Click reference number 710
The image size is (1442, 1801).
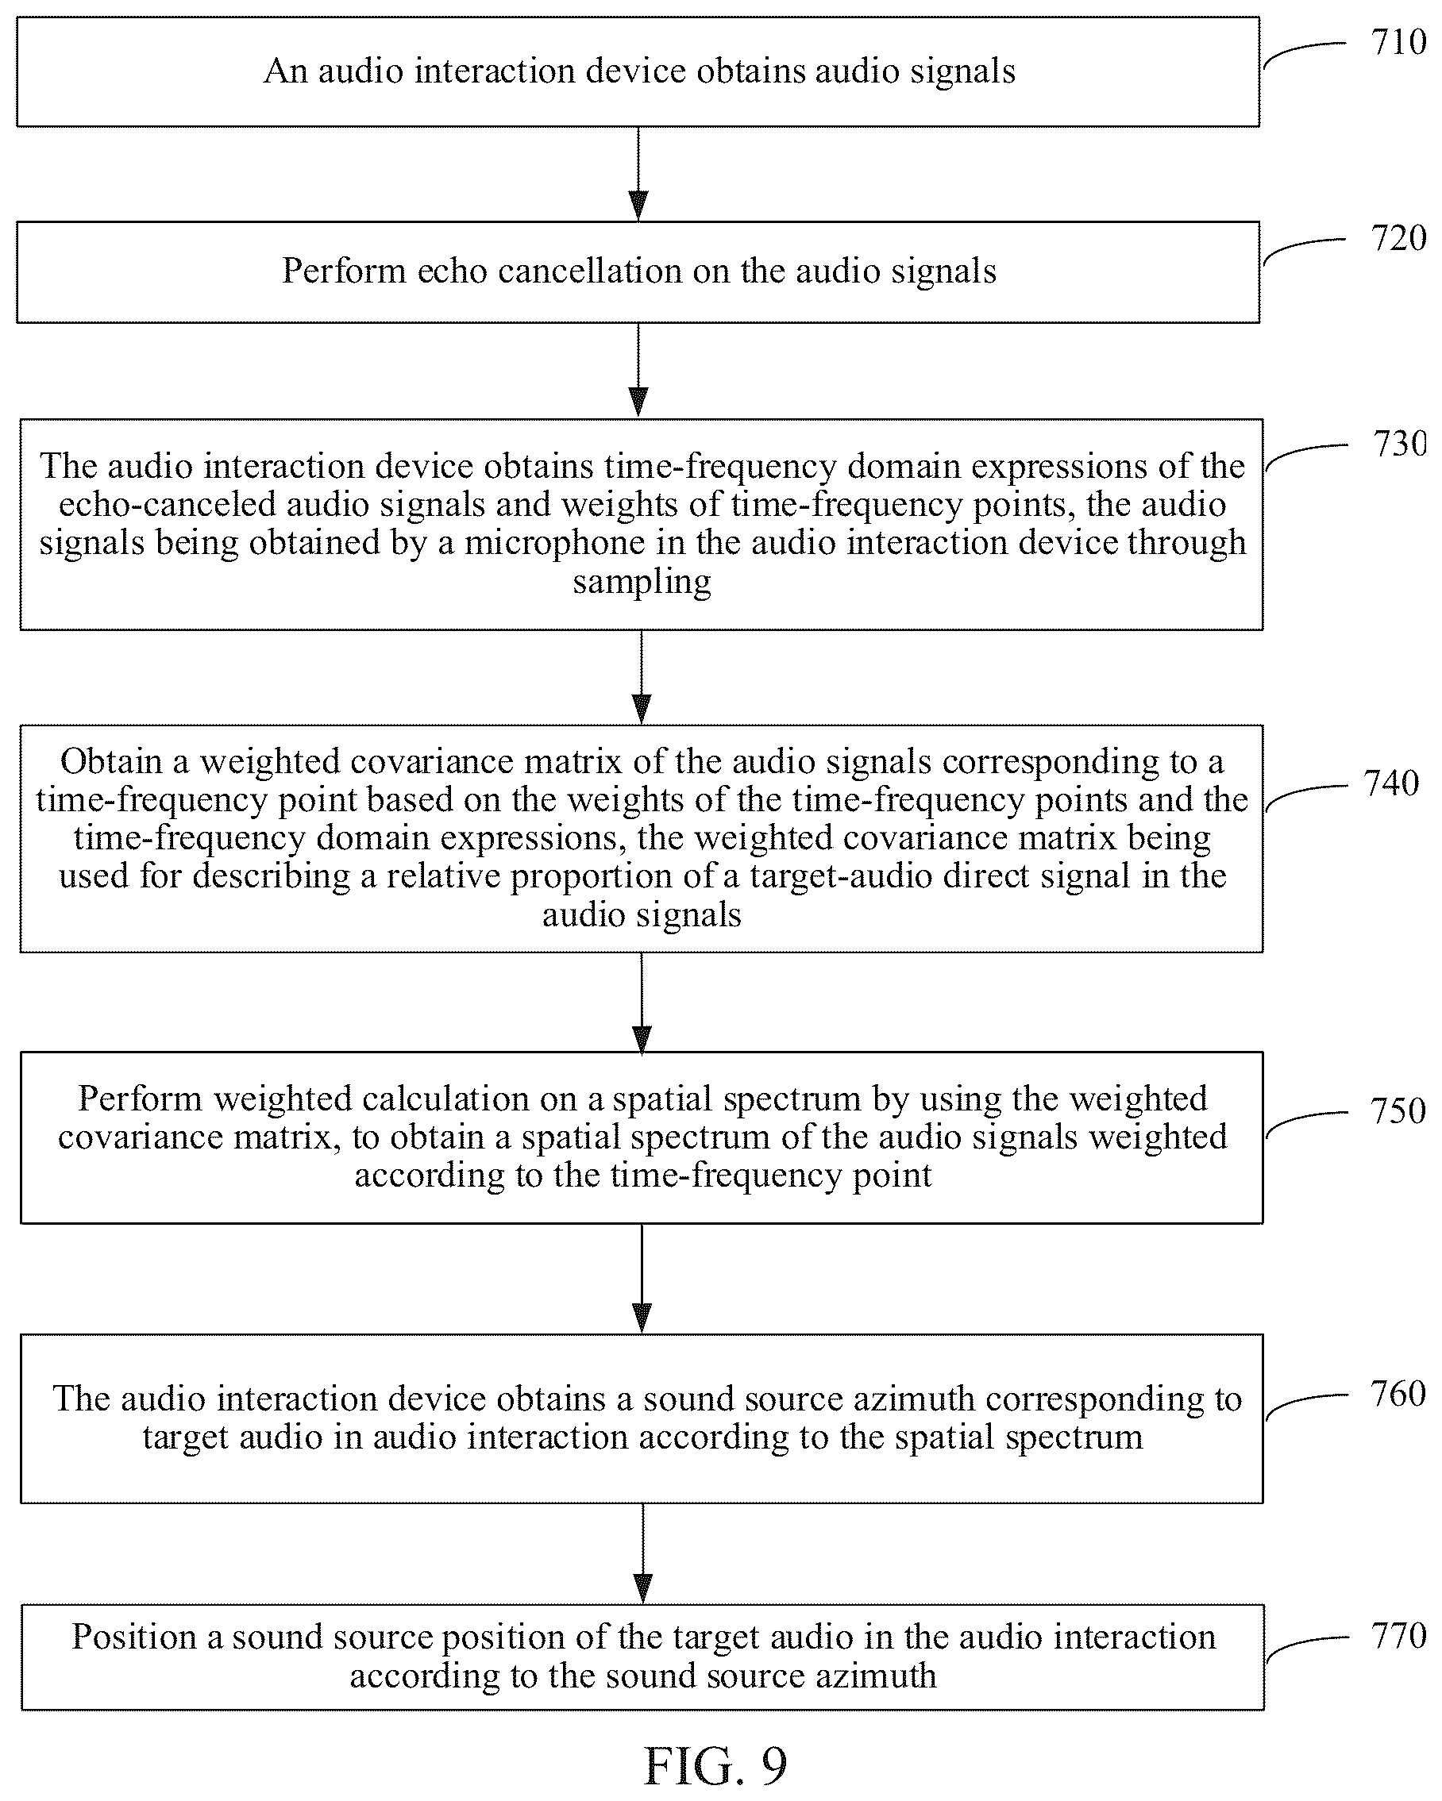point(1398,43)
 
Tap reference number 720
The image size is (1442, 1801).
point(1398,239)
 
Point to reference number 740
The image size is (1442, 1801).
point(1391,783)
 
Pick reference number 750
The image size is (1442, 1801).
point(1398,1111)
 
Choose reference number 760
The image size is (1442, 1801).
point(1398,1394)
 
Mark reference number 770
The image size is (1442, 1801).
point(1398,1636)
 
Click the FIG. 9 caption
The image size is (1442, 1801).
point(715,1764)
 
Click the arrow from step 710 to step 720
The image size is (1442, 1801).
point(638,174)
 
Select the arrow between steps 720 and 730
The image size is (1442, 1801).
point(638,370)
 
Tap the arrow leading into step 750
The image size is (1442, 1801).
point(642,1002)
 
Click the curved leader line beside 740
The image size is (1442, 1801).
point(1306,793)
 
